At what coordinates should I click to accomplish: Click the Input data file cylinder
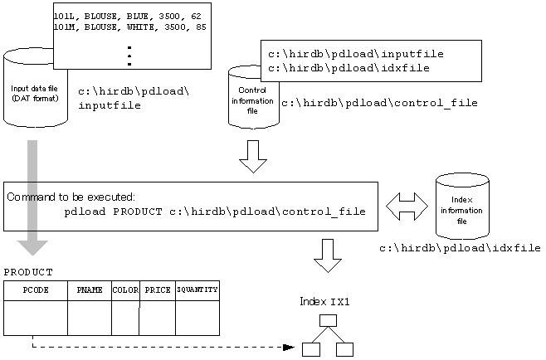coord(34,91)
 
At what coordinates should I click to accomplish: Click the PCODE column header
coord(35,290)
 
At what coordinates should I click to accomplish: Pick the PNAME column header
coord(89,290)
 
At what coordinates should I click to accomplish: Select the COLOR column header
coord(125,290)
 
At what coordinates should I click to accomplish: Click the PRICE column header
coord(157,290)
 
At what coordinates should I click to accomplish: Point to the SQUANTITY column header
coord(197,290)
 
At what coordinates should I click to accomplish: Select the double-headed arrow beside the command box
coord(407,207)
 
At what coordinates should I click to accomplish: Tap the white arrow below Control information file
coord(253,156)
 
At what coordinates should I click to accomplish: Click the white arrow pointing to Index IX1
coord(328,255)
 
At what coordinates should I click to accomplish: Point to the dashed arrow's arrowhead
coord(288,347)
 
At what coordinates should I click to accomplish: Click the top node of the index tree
coord(328,319)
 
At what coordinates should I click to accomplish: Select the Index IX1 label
coord(324,301)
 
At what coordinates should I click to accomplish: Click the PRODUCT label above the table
coord(28,272)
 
